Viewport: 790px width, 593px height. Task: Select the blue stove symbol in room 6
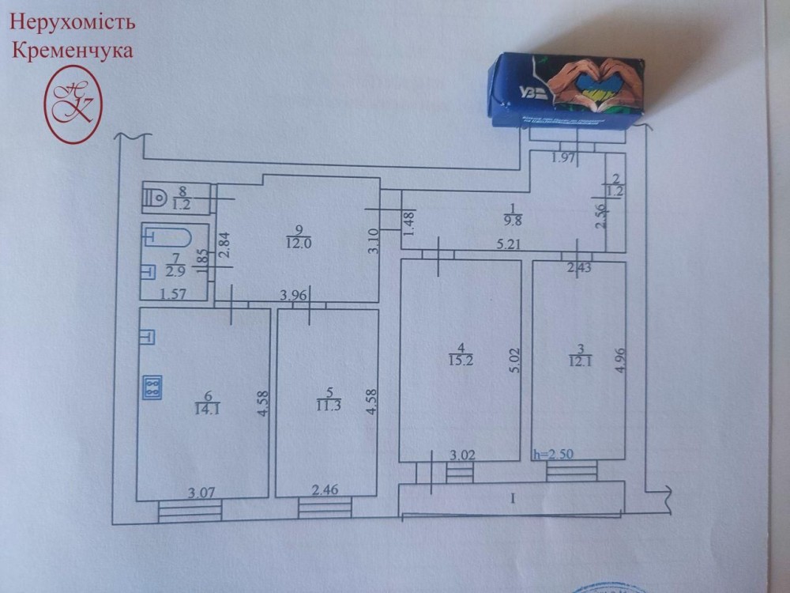coord(152,387)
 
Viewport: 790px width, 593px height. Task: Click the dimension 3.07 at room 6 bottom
coord(201,493)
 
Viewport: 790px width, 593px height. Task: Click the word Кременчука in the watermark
coord(72,51)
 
